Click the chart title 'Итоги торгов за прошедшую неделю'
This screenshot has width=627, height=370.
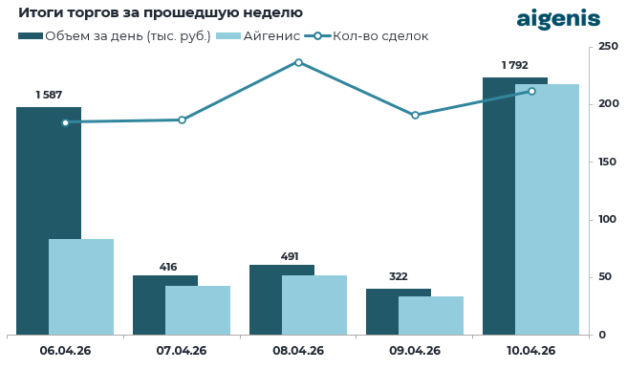pos(161,13)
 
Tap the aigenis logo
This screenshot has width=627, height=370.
pos(558,18)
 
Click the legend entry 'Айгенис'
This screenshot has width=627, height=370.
pos(259,36)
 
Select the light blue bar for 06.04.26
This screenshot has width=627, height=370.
pos(81,287)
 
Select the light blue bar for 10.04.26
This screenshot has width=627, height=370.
pos(548,209)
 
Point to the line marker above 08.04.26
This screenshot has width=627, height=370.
pos(298,62)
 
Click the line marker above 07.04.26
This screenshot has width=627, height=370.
pos(182,120)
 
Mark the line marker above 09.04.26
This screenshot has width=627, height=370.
pos(415,115)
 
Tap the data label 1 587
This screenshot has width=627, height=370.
pos(49,95)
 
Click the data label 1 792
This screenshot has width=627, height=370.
pos(515,65)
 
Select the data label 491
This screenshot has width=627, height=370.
pos(282,256)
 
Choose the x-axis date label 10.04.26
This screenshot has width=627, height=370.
pos(530,351)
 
